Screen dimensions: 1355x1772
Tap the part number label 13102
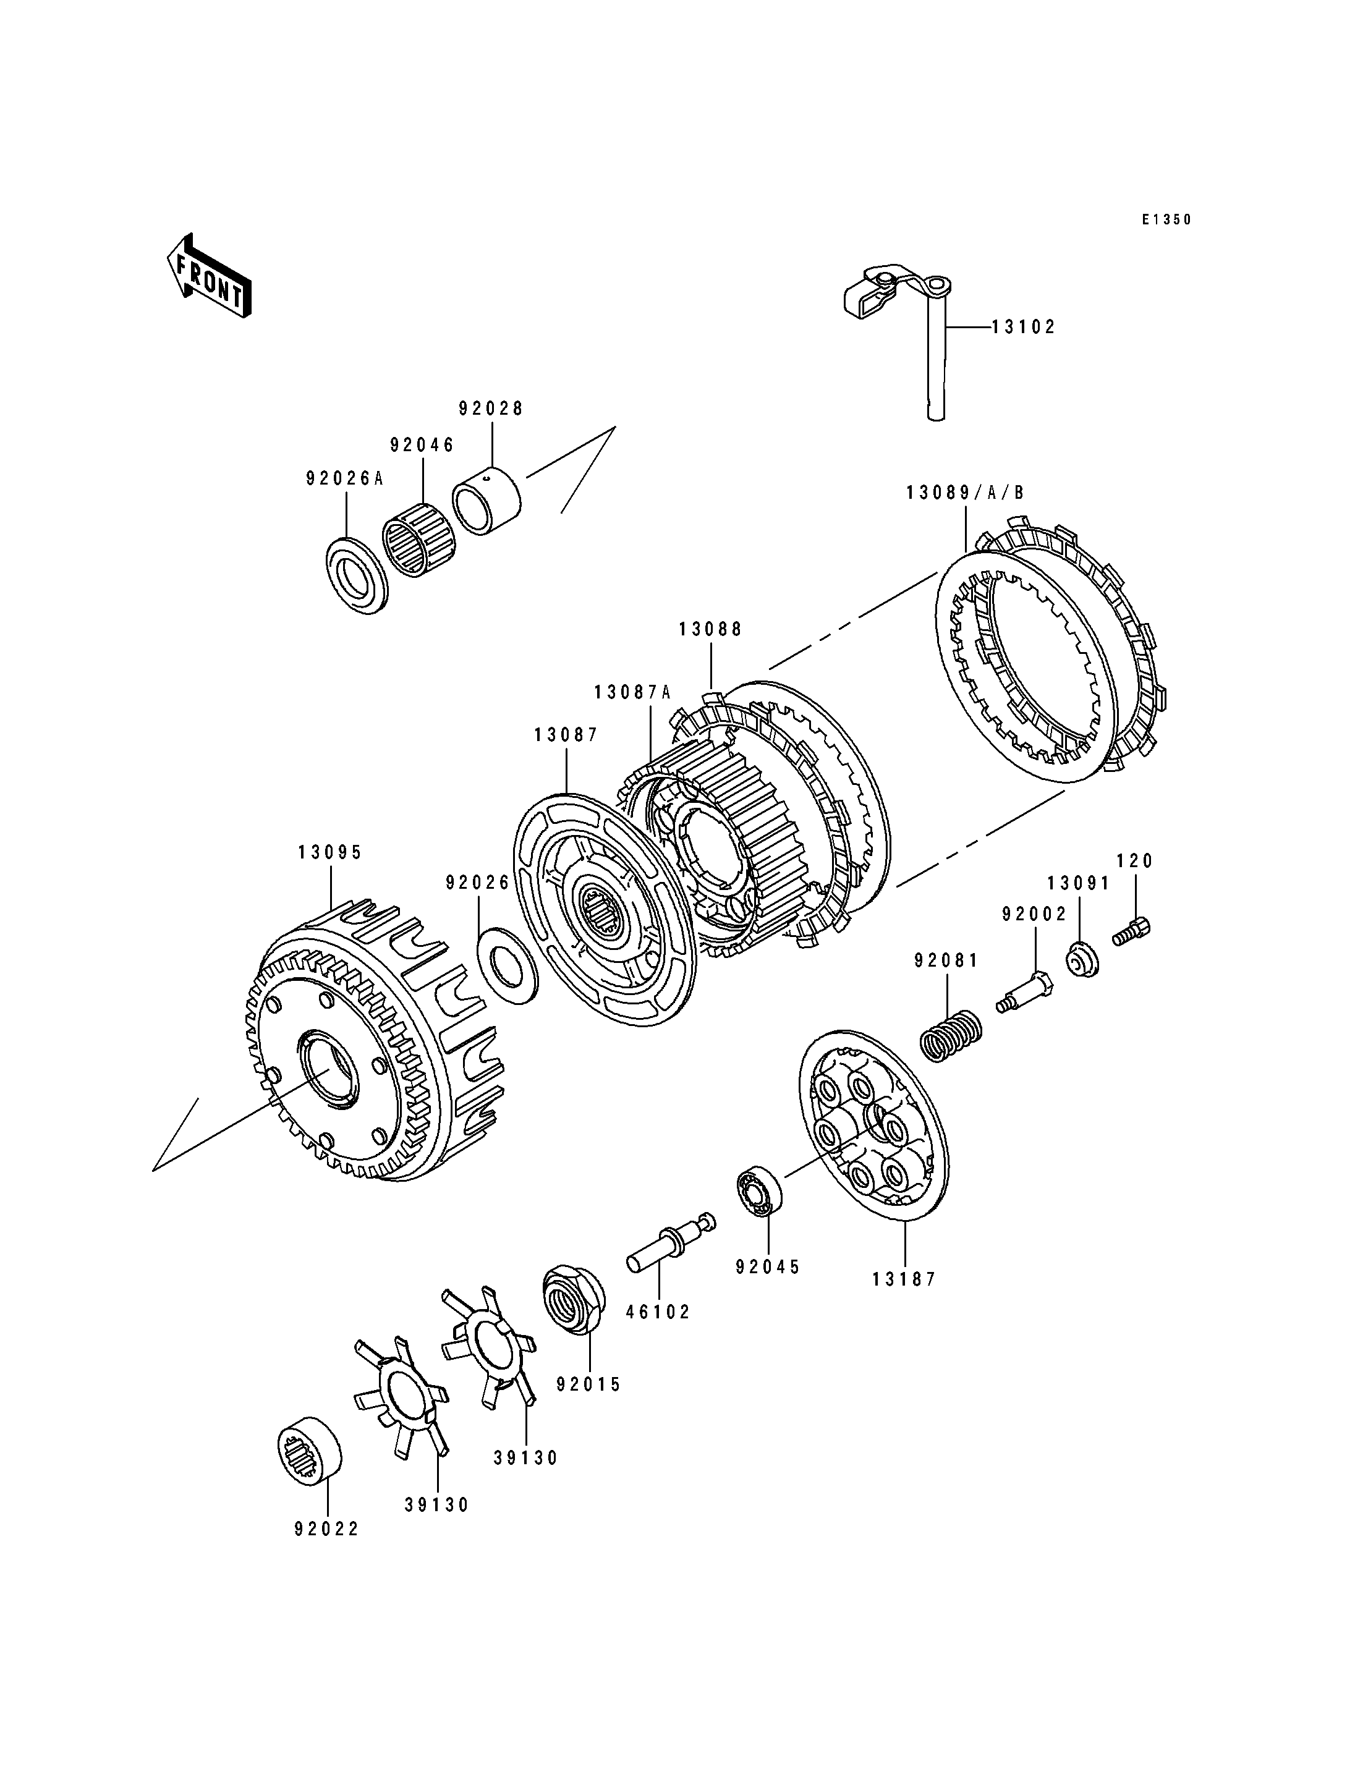pyautogui.click(x=1024, y=328)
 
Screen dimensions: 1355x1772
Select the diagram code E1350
pyautogui.click(x=1166, y=219)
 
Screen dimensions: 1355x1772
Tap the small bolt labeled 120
pyautogui.click(x=1132, y=931)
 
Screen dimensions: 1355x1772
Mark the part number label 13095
pyautogui.click(x=331, y=852)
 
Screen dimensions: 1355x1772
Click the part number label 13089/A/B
pyautogui.click(x=966, y=493)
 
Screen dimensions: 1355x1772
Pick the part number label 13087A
pyautogui.click(x=632, y=693)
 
